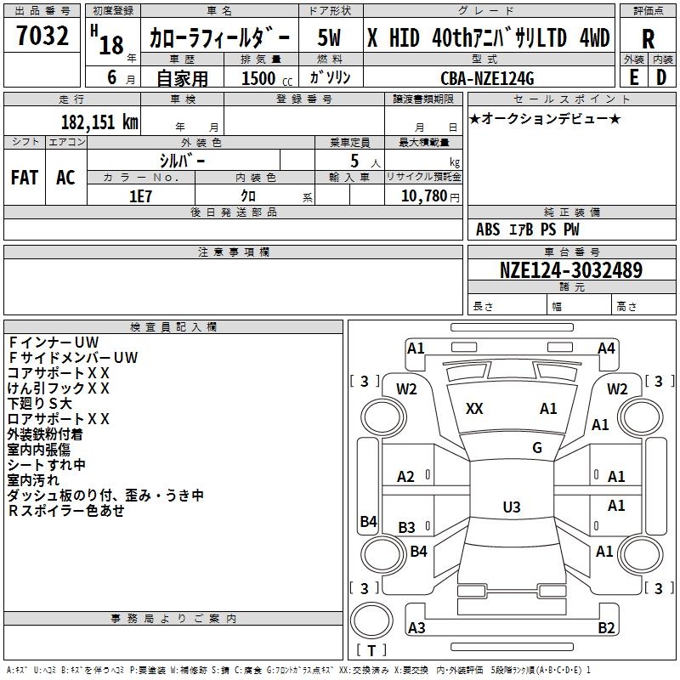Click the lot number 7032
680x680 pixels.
[x=42, y=36]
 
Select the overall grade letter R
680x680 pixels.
[x=648, y=39]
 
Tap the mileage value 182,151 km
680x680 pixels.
[x=99, y=122]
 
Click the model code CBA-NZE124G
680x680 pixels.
[x=487, y=78]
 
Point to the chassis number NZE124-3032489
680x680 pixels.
[x=571, y=270]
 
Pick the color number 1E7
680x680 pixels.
[x=140, y=196]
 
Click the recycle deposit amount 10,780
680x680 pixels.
[x=424, y=196]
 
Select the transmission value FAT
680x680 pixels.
[x=25, y=178]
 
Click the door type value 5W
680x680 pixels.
[x=329, y=37]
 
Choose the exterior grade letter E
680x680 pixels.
[x=633, y=77]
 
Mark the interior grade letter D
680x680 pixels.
[x=661, y=77]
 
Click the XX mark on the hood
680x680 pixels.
[x=474, y=409]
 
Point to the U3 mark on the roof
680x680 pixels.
[x=512, y=507]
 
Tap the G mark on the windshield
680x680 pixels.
[x=537, y=448]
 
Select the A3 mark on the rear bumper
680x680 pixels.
[x=416, y=627]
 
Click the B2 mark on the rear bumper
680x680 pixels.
[x=606, y=627]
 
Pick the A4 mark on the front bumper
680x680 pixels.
[x=606, y=348]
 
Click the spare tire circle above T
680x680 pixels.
[x=371, y=620]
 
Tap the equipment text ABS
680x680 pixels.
[x=488, y=229]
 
